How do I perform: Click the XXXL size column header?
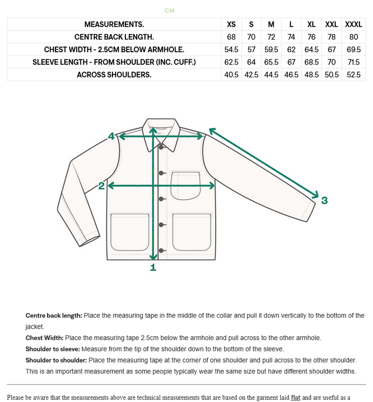point(353,24)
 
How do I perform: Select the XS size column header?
point(231,24)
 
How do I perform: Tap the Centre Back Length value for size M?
point(271,37)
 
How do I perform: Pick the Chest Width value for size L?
point(291,50)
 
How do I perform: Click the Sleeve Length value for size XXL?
point(332,62)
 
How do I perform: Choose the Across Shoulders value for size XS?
point(231,75)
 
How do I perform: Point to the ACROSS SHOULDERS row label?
point(114,75)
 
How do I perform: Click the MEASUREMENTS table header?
point(114,24)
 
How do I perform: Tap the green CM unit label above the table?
point(169,10)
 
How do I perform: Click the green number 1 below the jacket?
point(153,267)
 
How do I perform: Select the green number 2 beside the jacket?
point(102,186)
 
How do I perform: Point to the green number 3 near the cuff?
point(324,201)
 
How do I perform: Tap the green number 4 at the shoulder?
point(111,137)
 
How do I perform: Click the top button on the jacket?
point(162,147)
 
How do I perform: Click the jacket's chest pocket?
point(185,185)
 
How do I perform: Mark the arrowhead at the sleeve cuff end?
point(315,195)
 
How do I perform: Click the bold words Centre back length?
point(54,315)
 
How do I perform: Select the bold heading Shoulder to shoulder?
point(56,360)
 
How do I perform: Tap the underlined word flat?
point(295,397)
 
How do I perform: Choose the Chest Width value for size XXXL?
point(353,50)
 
